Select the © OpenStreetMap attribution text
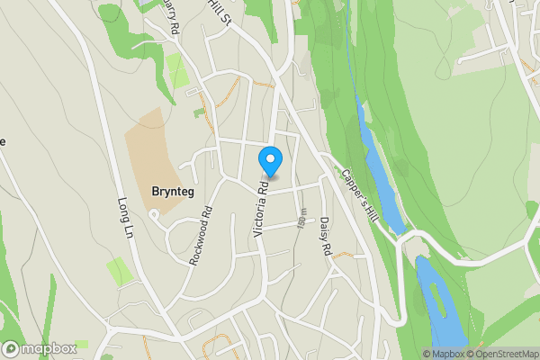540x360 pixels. pyautogui.click(x=501, y=354)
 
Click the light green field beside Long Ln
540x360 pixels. pyautogui.click(x=118, y=270)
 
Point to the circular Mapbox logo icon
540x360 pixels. pyautogui.click(x=12, y=348)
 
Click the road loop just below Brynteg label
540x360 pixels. pyautogui.click(x=154, y=213)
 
